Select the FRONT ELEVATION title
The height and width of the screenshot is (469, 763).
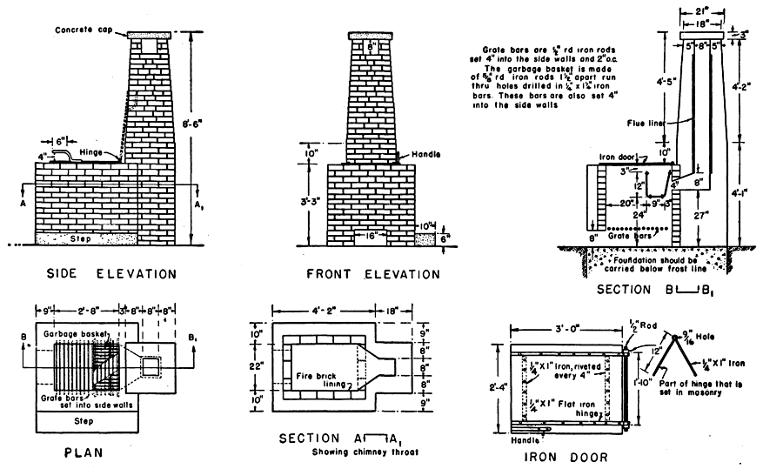(x=373, y=274)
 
